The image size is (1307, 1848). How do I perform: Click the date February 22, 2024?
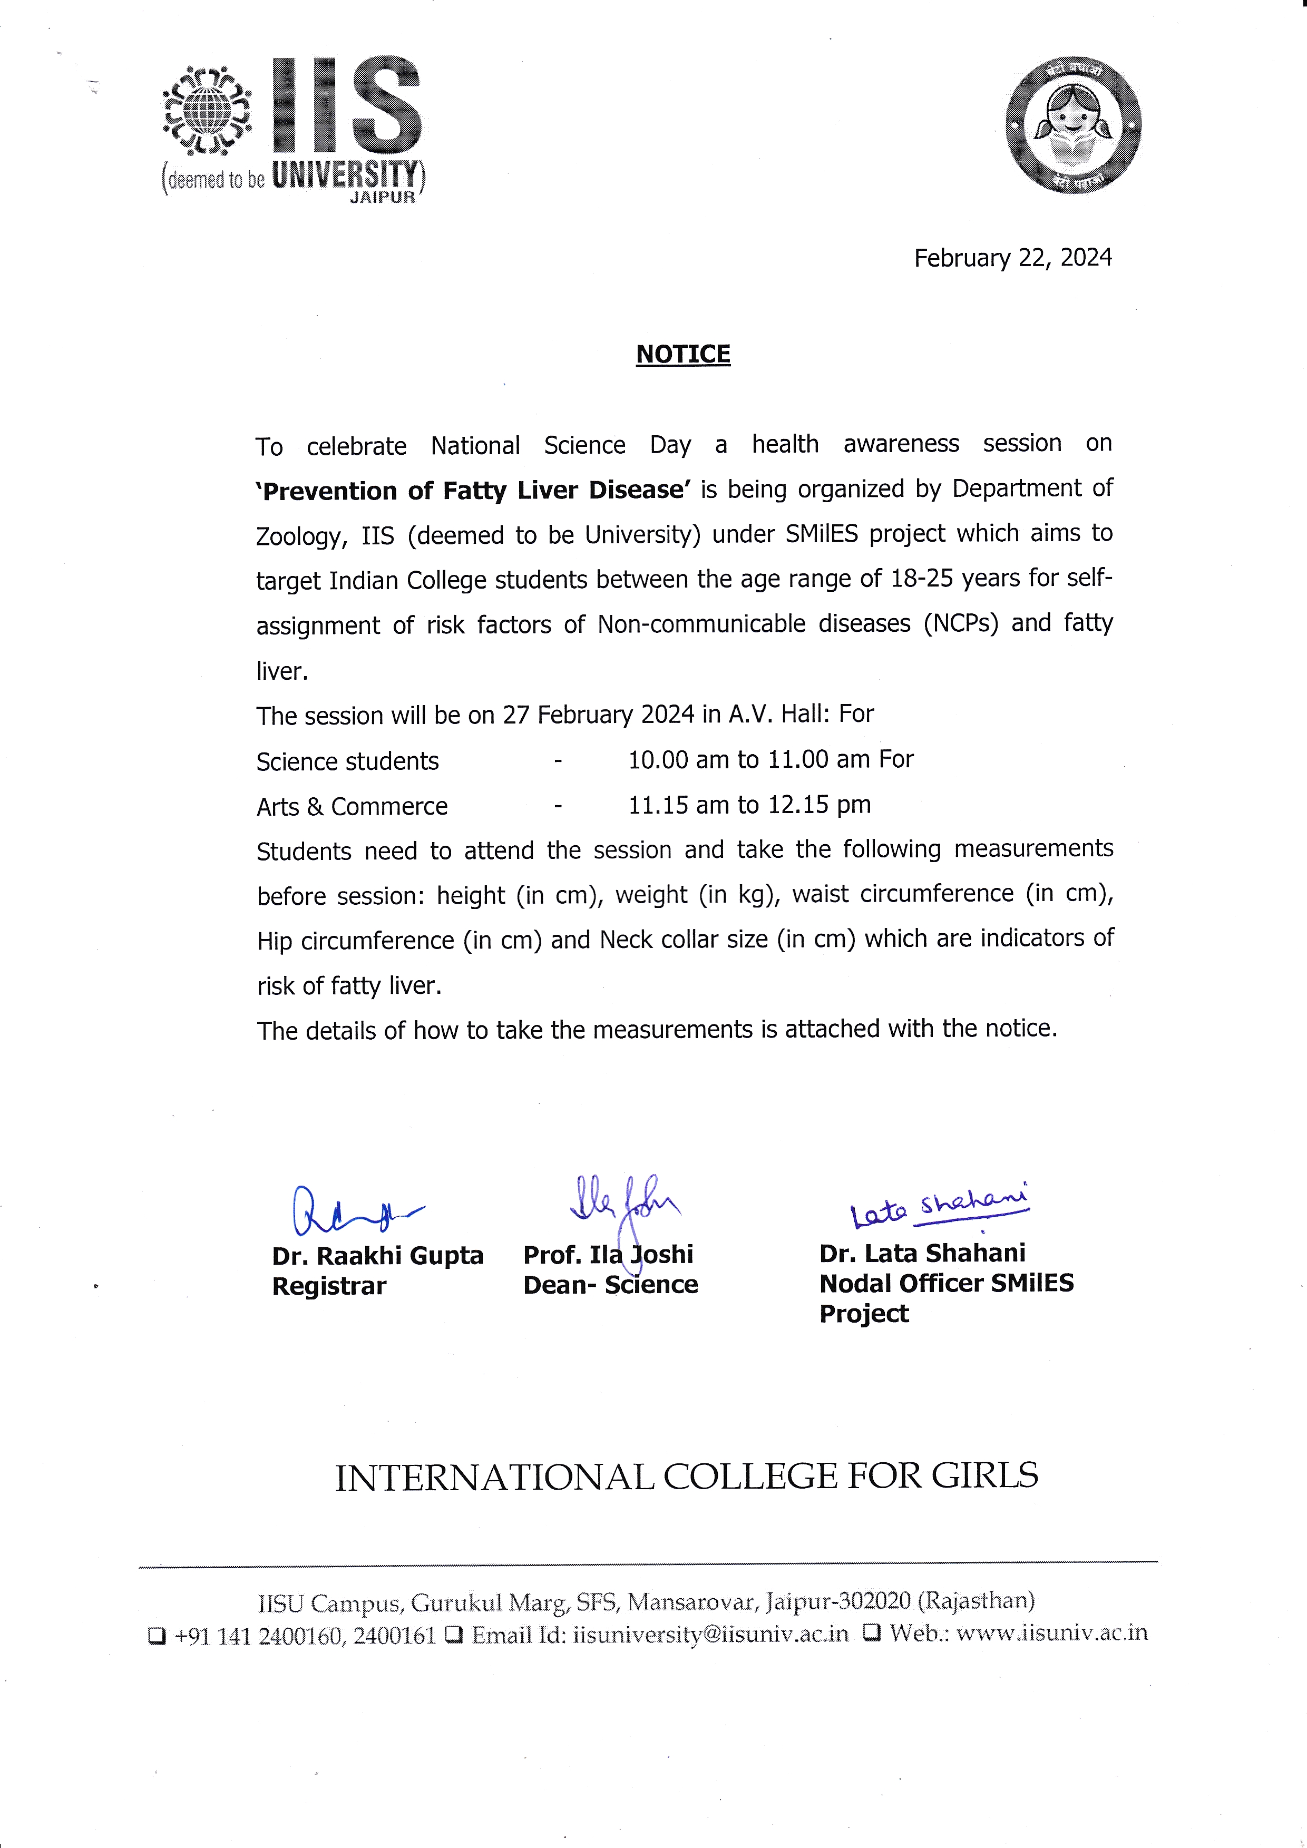[x=1012, y=258]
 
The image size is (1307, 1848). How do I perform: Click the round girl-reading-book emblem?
[x=1074, y=126]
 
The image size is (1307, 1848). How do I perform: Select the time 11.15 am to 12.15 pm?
[x=749, y=805]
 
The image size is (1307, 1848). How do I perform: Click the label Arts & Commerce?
[x=352, y=806]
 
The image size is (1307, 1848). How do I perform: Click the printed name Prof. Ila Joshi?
[x=608, y=1254]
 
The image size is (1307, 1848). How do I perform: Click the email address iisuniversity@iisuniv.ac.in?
[x=710, y=1635]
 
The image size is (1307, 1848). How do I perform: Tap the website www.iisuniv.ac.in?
[x=1051, y=1633]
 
